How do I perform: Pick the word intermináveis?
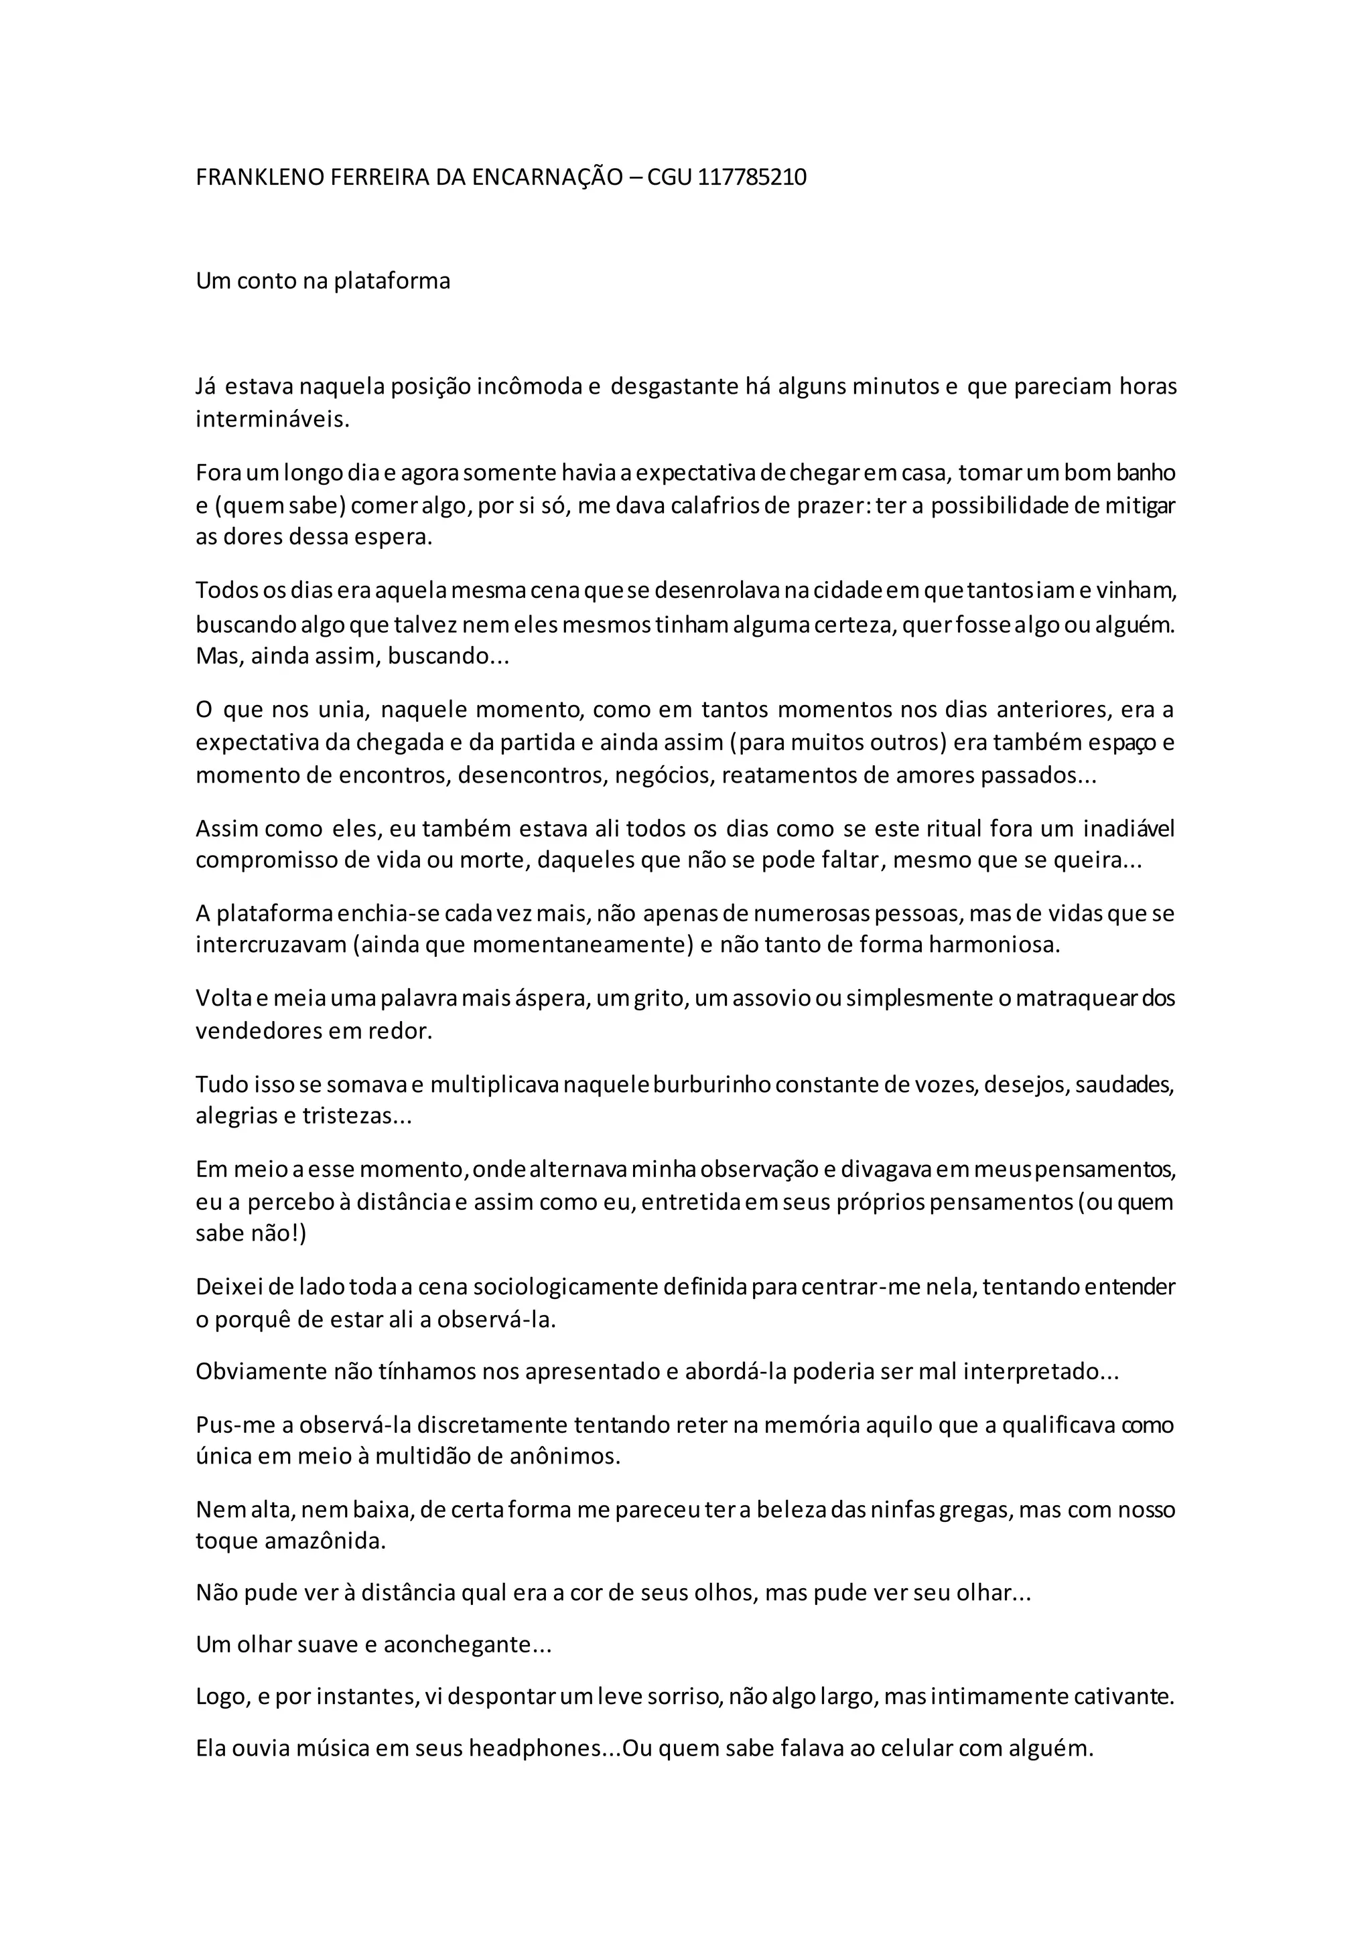272,420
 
